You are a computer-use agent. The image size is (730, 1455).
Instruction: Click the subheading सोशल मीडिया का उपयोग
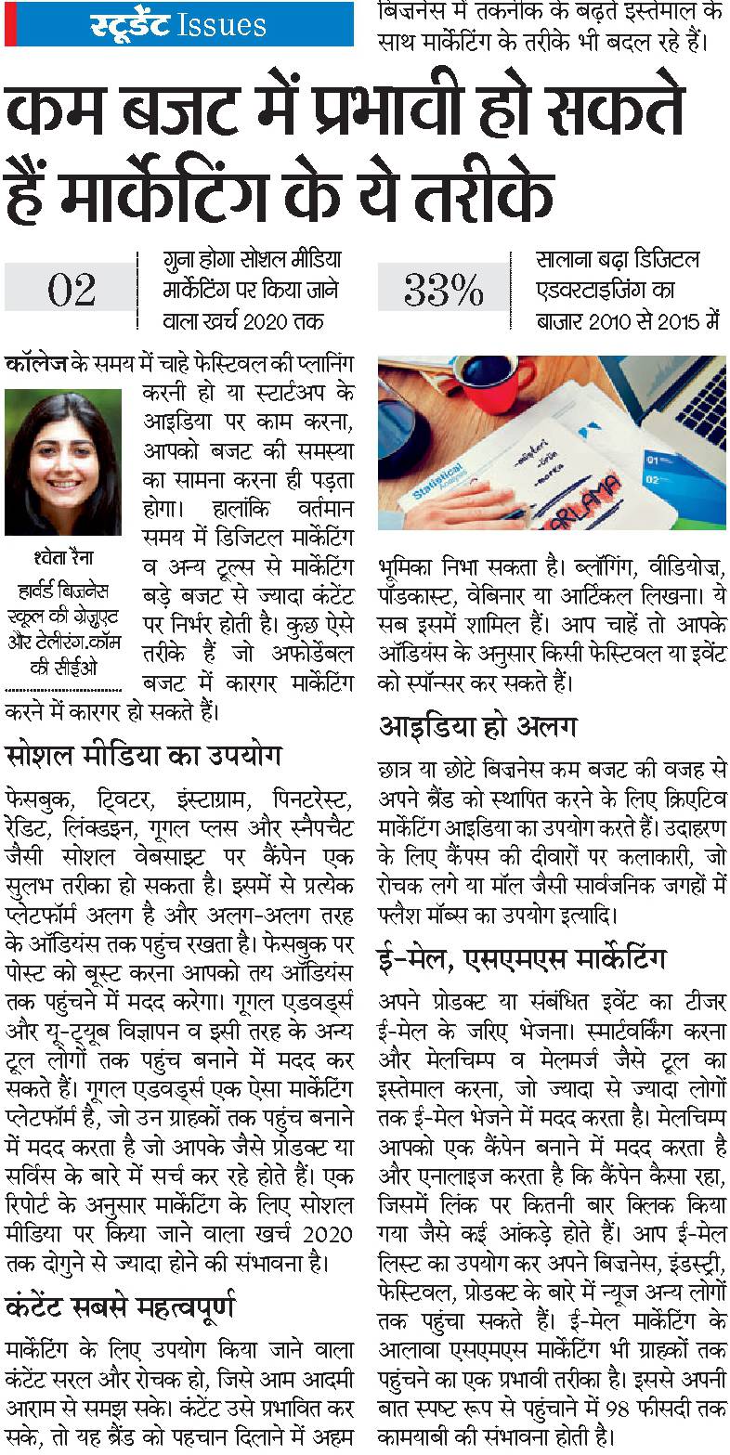tap(143, 753)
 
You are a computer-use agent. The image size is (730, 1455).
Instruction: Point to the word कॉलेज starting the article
tap(34, 362)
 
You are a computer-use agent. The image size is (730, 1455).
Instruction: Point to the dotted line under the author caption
tap(63, 691)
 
